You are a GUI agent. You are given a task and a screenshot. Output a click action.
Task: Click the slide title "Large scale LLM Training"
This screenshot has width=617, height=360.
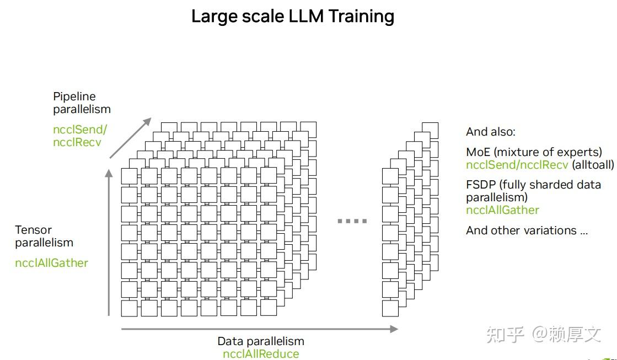tap(292, 17)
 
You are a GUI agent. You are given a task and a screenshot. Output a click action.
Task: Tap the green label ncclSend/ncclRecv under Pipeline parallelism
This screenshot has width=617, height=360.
tap(80, 136)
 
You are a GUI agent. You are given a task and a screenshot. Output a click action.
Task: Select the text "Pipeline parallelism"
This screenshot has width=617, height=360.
tap(82, 103)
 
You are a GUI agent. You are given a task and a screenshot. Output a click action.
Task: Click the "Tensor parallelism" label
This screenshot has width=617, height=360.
tap(44, 236)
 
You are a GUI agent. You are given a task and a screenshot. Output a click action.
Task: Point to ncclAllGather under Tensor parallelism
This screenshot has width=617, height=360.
tap(51, 263)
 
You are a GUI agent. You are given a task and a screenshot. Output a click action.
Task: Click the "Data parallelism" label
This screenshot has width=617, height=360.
tap(260, 341)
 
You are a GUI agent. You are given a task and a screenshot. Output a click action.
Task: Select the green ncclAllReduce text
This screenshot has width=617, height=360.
tap(260, 354)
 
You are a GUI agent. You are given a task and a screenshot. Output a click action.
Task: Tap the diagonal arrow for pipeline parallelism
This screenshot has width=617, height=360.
tap(130, 138)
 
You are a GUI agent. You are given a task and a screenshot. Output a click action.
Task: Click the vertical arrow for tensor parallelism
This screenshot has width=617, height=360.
tap(109, 243)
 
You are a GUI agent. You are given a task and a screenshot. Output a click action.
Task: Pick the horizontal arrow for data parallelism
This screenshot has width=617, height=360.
tap(259, 329)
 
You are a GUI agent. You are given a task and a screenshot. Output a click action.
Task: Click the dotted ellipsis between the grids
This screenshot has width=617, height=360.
tap(352, 221)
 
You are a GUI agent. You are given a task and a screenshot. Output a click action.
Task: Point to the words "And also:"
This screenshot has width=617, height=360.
tap(490, 132)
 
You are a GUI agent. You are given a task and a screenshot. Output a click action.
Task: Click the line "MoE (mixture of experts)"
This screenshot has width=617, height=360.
tap(534, 152)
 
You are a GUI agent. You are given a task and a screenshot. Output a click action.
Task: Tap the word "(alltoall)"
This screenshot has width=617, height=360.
tap(593, 164)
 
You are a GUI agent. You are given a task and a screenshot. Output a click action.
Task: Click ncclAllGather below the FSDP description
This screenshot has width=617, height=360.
tap(502, 210)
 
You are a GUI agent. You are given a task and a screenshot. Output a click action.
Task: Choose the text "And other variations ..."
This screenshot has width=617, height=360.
tap(527, 230)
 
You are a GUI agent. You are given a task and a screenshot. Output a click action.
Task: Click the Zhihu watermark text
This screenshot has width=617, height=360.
tap(543, 334)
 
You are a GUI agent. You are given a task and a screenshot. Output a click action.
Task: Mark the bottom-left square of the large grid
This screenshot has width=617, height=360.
tap(130, 308)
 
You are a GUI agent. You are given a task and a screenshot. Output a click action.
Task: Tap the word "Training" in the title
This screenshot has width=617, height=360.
tap(361, 17)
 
